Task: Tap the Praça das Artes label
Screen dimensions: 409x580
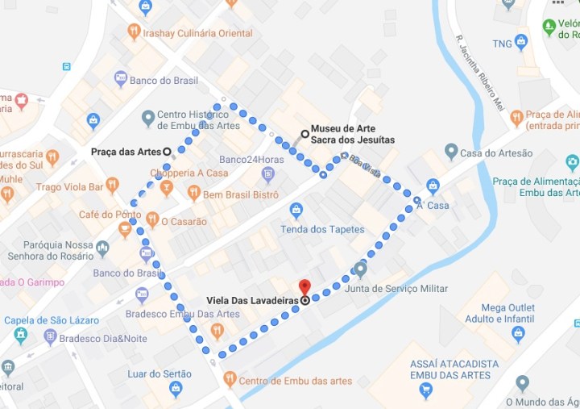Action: tap(125, 151)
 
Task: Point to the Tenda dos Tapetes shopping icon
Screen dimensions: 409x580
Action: tap(296, 211)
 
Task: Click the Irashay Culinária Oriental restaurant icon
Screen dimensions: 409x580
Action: tap(134, 31)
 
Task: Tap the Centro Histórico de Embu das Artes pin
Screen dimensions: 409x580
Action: tap(147, 119)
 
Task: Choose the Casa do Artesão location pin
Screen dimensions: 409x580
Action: tap(451, 152)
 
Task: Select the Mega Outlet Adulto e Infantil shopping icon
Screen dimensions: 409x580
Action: tap(518, 333)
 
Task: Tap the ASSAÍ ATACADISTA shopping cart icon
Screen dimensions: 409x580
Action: tap(426, 392)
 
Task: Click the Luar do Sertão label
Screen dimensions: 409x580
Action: tap(159, 374)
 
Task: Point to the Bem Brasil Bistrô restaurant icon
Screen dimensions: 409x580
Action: tap(193, 193)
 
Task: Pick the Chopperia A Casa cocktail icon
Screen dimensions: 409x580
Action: tap(166, 188)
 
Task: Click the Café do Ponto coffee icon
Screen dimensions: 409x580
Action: tap(124, 230)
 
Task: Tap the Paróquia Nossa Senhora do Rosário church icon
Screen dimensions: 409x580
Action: tap(102, 248)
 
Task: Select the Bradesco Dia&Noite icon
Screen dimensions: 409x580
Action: tap(50, 337)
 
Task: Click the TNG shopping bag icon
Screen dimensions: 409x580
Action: tap(521, 41)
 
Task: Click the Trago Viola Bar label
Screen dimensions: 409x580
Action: tap(70, 188)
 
